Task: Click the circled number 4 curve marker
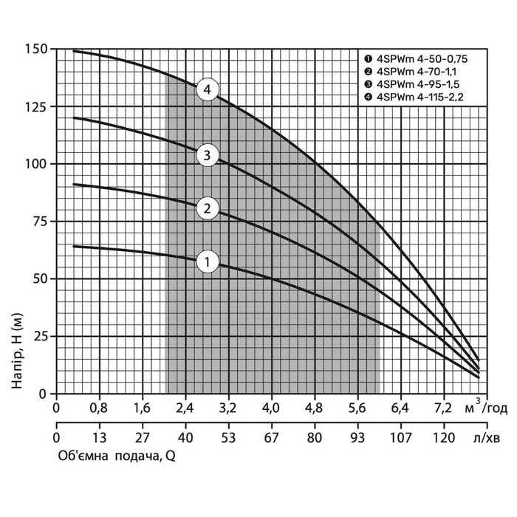pos(208,90)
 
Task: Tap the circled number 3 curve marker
pos(208,155)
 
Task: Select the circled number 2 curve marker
pos(208,208)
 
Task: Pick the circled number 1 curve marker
pos(208,261)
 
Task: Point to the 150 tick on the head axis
pos(37,49)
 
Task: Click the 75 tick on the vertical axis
pos(41,222)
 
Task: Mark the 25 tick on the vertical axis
pos(41,336)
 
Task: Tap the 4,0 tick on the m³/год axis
pos(272,407)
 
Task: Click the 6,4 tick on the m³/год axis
pos(400,407)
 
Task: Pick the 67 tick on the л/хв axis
pos(272,436)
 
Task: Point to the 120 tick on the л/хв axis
pos(443,436)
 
